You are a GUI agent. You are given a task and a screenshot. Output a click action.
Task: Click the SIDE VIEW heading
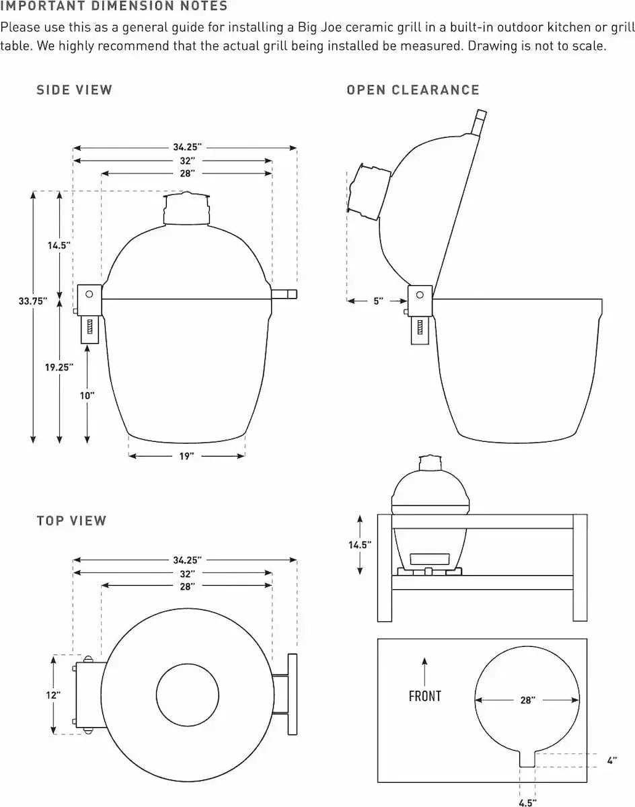click(74, 90)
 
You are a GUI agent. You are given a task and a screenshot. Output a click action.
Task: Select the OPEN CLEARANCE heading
click(412, 90)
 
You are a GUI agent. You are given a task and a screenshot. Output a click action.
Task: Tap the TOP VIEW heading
click(71, 521)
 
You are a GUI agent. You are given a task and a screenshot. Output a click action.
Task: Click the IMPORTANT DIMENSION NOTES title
click(114, 7)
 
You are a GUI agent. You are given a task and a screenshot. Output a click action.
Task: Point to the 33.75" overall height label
click(33, 301)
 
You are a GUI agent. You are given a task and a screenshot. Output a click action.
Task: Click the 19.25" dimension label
click(59, 367)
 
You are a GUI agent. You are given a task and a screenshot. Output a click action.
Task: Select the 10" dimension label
click(87, 395)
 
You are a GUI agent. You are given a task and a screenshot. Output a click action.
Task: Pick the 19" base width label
click(186, 456)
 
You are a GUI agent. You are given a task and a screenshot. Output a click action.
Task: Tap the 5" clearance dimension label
click(378, 301)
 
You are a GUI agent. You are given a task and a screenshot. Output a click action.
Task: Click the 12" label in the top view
click(53, 695)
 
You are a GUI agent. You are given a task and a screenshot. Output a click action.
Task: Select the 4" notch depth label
click(611, 761)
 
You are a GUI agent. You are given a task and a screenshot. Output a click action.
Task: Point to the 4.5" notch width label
click(527, 802)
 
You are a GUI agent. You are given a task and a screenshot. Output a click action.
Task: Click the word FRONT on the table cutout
click(424, 696)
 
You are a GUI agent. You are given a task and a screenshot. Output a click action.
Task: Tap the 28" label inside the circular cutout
click(527, 700)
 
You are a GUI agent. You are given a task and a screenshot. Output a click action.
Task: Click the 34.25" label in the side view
click(187, 147)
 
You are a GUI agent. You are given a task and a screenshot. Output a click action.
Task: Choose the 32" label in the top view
click(187, 574)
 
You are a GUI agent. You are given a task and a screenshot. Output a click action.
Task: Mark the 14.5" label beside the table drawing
click(360, 545)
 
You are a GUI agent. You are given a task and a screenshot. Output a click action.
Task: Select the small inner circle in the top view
click(188, 695)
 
